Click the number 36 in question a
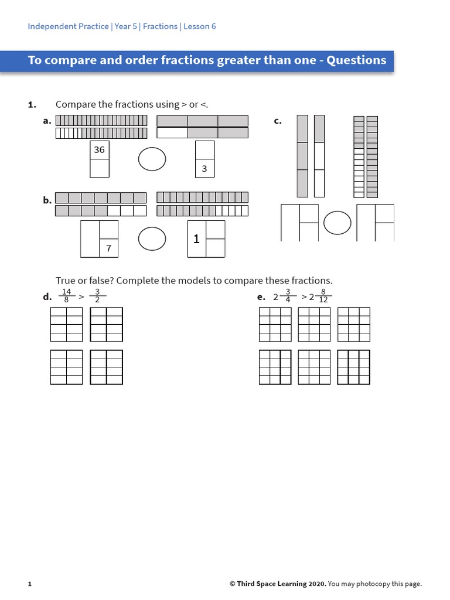[99, 150]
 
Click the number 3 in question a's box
[204, 169]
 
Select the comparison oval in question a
[152, 159]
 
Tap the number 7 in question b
[108, 248]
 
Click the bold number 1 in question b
[196, 239]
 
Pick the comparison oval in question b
[152, 238]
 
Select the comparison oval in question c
[337, 222]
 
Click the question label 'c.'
[278, 121]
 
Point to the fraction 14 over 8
[66, 296]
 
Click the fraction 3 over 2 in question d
[97, 296]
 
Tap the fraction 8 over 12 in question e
[323, 296]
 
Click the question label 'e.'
[261, 297]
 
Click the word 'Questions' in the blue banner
[356, 60]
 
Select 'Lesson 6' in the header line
[200, 26]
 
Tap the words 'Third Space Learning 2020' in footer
[280, 584]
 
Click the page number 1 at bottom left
[29, 584]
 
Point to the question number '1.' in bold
[32, 104]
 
